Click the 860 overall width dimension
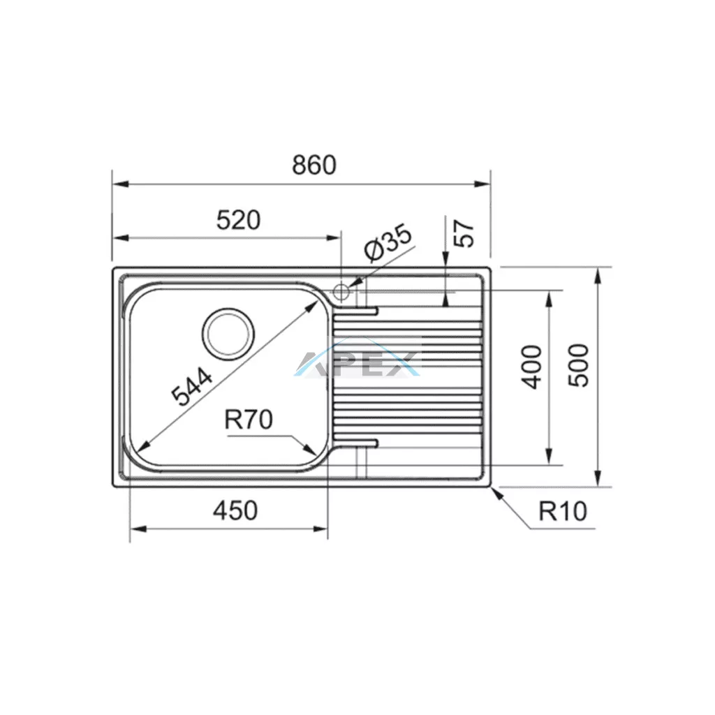314,165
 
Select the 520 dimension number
239,220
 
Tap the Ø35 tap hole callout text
388,242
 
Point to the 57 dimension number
464,233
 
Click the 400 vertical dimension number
531,367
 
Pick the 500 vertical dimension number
579,366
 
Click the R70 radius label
249,420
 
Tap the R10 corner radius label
563,511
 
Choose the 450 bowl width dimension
235,510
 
